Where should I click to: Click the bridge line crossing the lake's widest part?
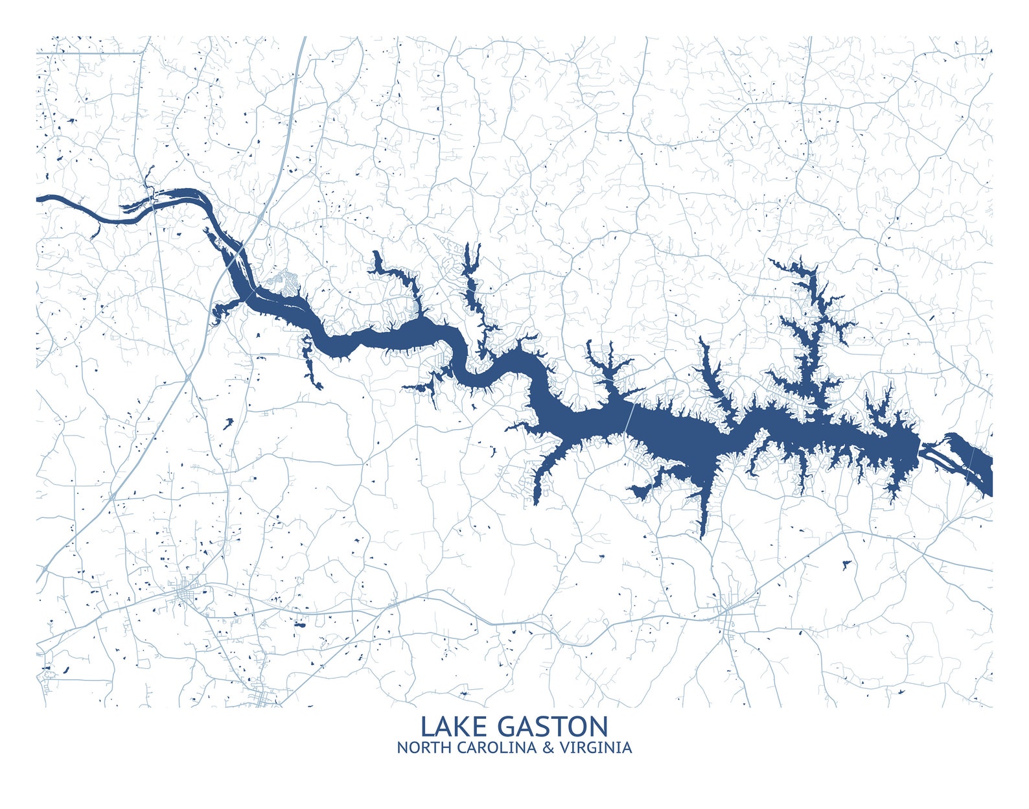click(x=629, y=418)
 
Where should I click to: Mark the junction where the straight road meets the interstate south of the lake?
click(x=187, y=376)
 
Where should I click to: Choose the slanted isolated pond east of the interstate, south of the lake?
click(x=228, y=424)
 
